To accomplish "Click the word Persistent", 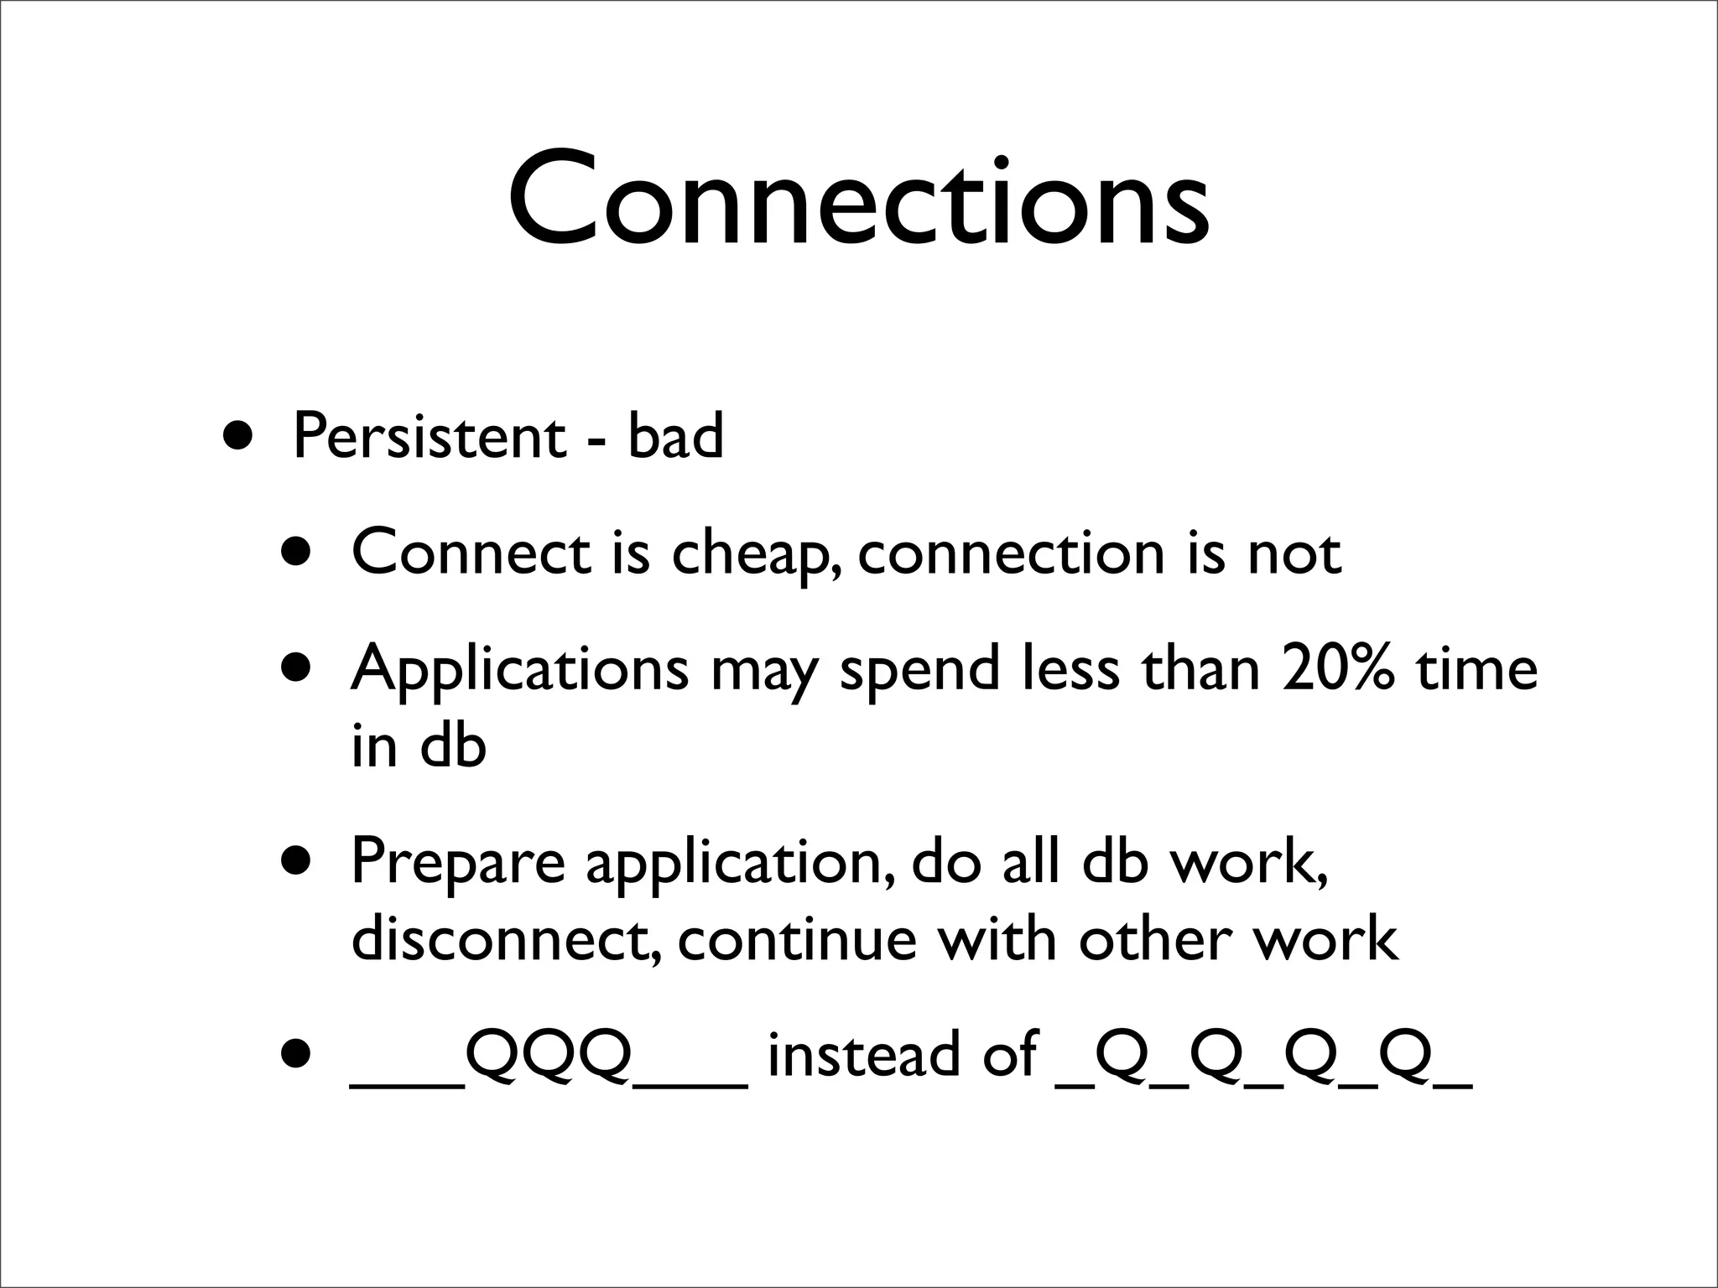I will (429, 437).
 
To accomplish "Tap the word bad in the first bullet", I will (674, 437).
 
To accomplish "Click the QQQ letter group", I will (549, 1054).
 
